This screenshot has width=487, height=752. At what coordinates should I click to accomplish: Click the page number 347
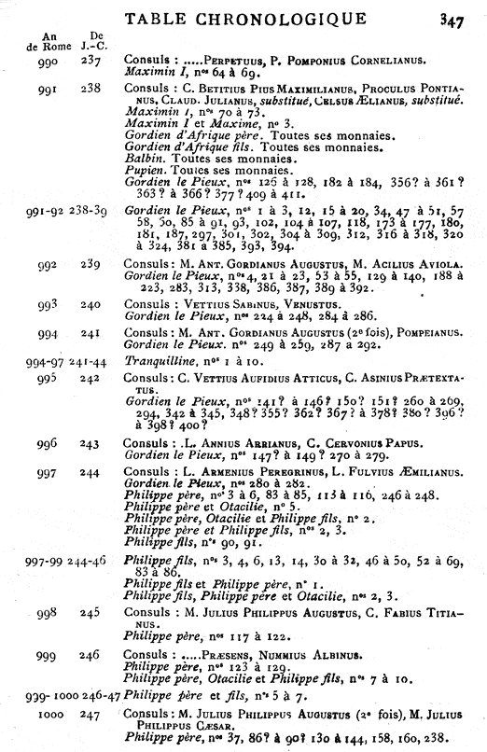point(464,17)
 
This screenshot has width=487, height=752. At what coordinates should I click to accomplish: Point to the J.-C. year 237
point(91,58)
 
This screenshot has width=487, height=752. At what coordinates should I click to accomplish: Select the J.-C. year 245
point(91,613)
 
